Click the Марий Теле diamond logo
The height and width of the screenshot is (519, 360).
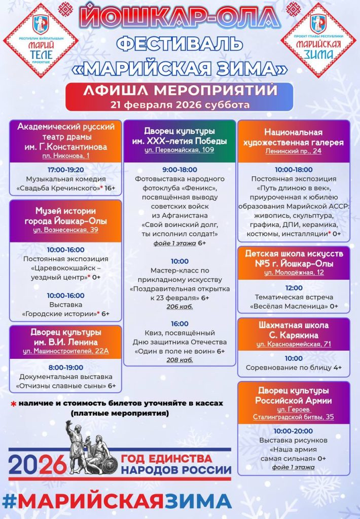point(40,40)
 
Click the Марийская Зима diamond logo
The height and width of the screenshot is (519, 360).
point(319,40)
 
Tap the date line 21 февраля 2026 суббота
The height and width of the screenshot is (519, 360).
point(179,105)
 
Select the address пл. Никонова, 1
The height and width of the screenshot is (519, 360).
point(65,156)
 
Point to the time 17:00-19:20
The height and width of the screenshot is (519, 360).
point(65,170)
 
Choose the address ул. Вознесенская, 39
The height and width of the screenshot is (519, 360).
point(65,230)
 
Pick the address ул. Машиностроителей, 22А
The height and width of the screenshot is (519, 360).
point(65,350)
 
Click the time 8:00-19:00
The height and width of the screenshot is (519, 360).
point(65,367)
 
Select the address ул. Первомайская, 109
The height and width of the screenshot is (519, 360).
point(179,150)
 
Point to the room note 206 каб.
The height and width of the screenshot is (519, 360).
point(179,307)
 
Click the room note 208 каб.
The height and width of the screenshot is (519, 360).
point(179,360)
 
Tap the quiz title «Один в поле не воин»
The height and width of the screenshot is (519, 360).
point(175,351)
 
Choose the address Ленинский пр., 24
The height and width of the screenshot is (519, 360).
point(293,151)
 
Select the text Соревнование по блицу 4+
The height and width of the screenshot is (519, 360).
point(293,367)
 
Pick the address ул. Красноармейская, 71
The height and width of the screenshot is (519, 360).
point(293,344)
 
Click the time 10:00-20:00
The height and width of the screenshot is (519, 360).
point(293,431)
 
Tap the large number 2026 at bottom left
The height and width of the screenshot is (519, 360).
point(38,464)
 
